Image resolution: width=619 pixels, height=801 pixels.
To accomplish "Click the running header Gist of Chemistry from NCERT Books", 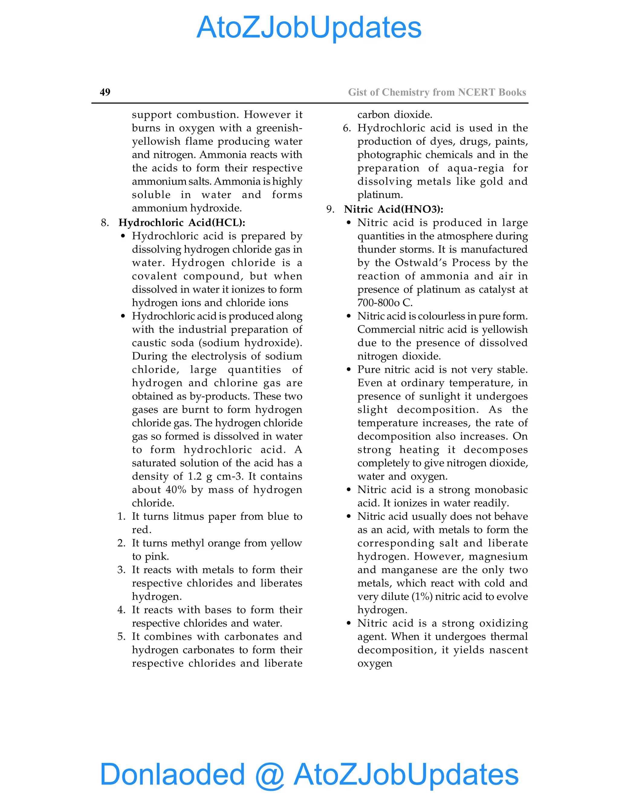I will click(x=437, y=92).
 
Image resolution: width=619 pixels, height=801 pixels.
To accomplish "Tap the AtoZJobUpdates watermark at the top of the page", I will click(x=309, y=28).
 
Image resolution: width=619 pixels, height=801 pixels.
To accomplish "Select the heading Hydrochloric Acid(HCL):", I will click(x=182, y=223).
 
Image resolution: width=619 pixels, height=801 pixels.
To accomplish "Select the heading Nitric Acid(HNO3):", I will click(x=394, y=209).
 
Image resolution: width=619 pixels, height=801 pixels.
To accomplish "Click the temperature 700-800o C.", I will click(x=385, y=303).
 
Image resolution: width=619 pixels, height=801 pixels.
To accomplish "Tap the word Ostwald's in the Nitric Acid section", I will click(x=421, y=263).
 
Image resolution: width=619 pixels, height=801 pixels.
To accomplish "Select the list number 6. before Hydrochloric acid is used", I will click(x=347, y=128).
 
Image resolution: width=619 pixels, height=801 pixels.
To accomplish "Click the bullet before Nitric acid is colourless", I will click(x=348, y=316).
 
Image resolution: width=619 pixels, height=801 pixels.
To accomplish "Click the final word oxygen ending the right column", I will click(x=374, y=663).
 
